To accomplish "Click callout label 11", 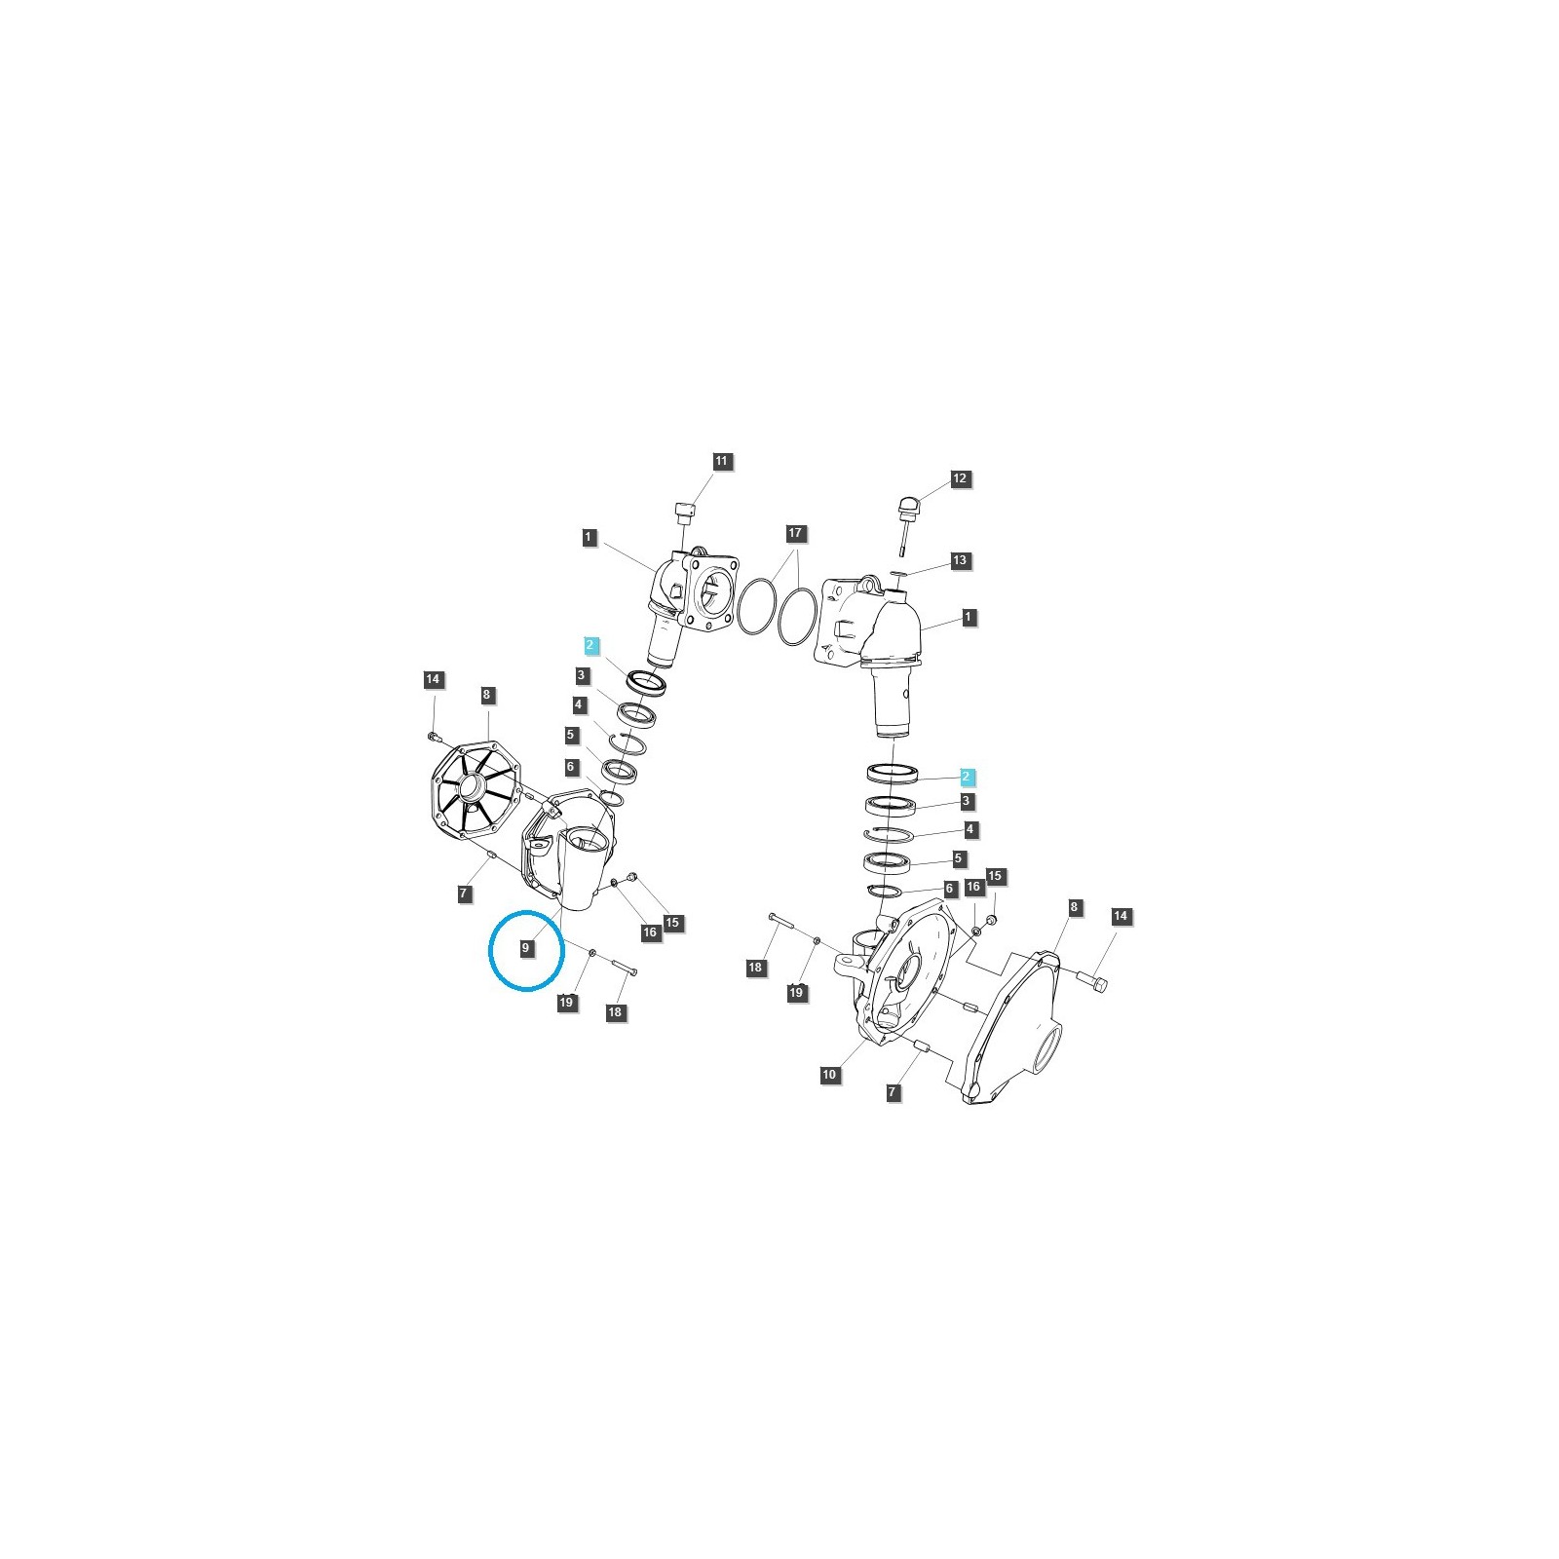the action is coord(721,461).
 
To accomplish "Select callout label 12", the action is coord(960,478).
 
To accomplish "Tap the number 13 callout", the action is coord(960,560).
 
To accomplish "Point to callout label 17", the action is coord(796,533).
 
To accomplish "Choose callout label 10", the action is coord(829,1075).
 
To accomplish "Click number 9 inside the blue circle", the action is coord(526,947).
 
